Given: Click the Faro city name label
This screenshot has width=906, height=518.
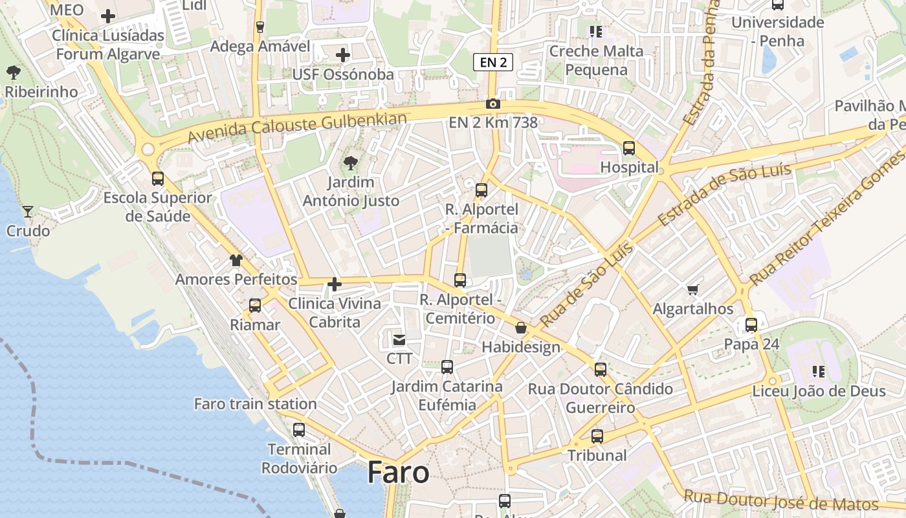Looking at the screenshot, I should coord(398,473).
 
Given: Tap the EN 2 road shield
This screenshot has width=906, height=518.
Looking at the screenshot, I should coord(493,62).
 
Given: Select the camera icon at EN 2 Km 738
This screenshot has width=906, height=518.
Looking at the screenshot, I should coord(493,104).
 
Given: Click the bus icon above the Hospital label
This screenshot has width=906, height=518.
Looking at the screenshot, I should coord(629,148).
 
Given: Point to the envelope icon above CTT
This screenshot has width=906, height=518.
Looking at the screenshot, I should coord(399,339).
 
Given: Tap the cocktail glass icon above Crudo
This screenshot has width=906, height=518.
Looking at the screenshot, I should coord(28,211).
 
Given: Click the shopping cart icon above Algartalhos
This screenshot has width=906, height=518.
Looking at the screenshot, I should coord(693,289).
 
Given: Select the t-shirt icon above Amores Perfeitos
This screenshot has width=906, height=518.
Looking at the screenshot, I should coord(236,260).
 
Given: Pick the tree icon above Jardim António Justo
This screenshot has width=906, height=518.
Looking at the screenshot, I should coord(351,163).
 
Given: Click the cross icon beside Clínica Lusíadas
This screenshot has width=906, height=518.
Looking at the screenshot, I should coord(108,16).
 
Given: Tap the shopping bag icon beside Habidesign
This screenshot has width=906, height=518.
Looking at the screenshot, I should coord(521,328).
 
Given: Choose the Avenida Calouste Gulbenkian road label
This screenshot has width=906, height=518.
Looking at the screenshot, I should coord(298,128).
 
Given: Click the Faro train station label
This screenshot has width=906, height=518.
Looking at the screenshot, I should coord(256,404).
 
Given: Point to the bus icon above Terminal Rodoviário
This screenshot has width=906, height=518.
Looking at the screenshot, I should coord(299,429).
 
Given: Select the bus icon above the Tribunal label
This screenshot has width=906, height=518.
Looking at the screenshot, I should coord(597,436).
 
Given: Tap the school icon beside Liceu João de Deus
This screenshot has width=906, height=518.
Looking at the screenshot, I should coord(819,372).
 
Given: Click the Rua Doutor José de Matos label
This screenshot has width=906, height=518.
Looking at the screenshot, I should coord(781,501).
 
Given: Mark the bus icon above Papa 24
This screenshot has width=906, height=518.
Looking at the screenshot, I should coord(751,324).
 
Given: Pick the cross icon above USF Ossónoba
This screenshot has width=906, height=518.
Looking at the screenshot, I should coord(343,55).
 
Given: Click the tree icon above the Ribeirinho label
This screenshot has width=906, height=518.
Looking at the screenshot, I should coord(13,73).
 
